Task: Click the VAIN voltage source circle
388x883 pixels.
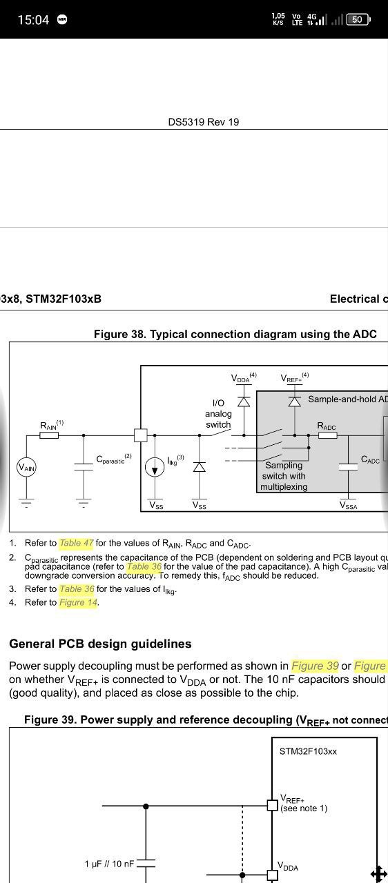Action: click(26, 468)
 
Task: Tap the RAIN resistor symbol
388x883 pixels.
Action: click(49, 435)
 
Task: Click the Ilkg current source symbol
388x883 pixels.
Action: click(155, 468)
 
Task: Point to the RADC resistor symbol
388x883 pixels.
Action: click(328, 435)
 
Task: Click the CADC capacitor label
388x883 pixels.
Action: click(370, 459)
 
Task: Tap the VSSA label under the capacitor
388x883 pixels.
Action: click(349, 506)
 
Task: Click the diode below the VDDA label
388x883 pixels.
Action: click(244, 401)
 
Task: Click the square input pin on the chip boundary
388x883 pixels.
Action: click(141, 435)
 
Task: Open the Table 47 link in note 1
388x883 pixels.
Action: click(77, 543)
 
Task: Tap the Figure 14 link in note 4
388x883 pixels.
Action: click(78, 602)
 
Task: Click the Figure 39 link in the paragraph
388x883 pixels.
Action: click(315, 666)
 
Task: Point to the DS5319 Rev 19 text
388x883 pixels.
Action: click(204, 122)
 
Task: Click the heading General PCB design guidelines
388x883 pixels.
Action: click(100, 644)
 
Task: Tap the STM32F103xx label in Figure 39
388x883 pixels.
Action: click(308, 751)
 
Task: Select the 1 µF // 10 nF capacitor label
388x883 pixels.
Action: click(109, 864)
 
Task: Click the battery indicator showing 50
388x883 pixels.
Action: click(358, 19)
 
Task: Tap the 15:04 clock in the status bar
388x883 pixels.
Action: click(33, 19)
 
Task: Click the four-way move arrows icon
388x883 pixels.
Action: click(379, 873)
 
